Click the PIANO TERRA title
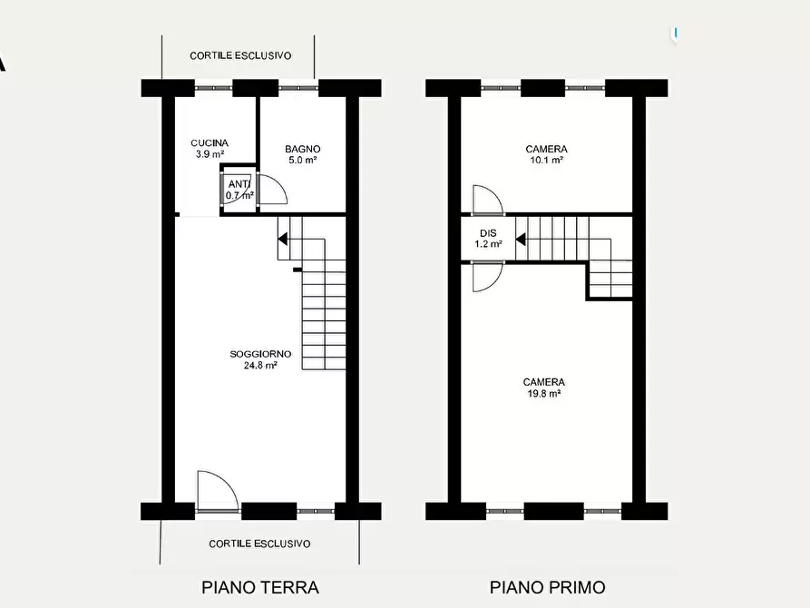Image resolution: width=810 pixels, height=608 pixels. [x=259, y=587]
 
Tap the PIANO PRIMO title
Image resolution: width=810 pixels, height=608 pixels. [x=547, y=587]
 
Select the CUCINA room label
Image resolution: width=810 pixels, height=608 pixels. [x=210, y=143]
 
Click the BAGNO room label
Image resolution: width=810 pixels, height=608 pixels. [x=302, y=149]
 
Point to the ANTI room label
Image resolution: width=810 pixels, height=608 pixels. [x=239, y=184]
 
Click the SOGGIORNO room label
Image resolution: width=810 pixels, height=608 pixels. [x=260, y=354]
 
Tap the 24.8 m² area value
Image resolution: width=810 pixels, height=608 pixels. [x=260, y=366]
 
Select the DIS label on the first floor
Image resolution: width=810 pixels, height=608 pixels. [x=488, y=233]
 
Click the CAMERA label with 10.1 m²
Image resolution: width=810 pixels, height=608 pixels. [x=546, y=149]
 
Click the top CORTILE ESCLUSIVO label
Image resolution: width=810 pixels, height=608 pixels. [x=240, y=55]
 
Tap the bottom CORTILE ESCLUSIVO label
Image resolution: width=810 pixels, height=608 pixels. [x=259, y=544]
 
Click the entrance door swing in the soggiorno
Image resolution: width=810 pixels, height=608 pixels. [x=216, y=492]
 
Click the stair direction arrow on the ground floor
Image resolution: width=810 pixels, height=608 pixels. [x=283, y=240]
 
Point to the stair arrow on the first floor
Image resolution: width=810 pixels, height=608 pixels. [x=522, y=240]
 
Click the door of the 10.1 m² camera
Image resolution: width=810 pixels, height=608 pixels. [x=485, y=200]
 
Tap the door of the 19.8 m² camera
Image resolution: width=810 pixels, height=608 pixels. [x=485, y=276]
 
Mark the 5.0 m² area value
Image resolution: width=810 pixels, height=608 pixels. [x=302, y=161]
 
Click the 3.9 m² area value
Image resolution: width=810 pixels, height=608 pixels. [x=210, y=155]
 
